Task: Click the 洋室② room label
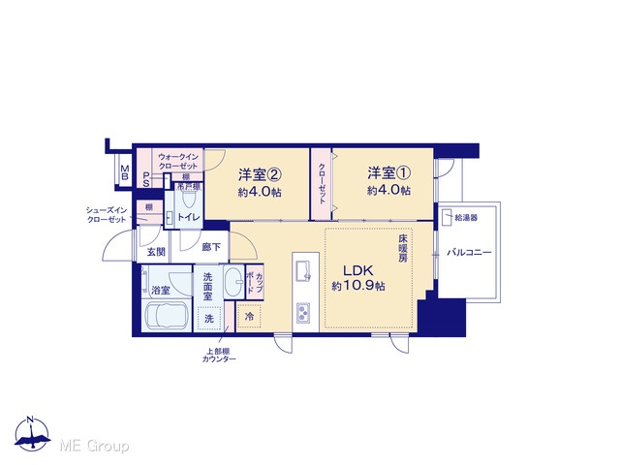260,174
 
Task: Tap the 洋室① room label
389,172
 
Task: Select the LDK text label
357,271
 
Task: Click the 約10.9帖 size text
358,286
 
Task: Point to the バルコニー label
469,252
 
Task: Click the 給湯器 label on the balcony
466,218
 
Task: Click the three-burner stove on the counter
303,313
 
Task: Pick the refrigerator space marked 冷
249,317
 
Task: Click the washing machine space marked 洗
209,318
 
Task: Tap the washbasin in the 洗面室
233,282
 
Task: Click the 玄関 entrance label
156,252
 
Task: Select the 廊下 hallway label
211,248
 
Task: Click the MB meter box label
125,172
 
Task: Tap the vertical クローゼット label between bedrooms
322,183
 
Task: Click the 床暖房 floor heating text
403,248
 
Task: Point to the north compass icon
32,434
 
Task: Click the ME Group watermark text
94,446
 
